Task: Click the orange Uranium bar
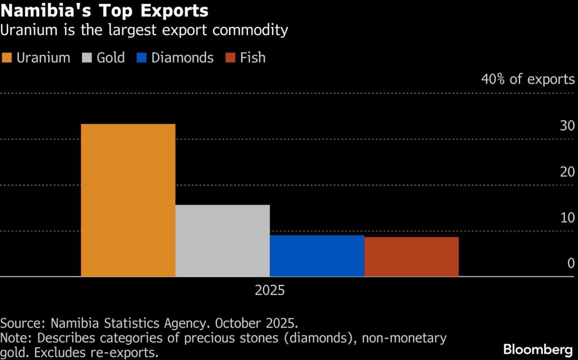click(128, 200)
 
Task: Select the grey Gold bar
click(222, 241)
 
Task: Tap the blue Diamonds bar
click(317, 256)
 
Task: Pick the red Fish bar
click(411, 257)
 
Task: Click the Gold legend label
click(111, 58)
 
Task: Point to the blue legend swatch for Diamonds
click(141, 58)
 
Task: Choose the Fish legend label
click(252, 58)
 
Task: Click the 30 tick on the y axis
click(567, 126)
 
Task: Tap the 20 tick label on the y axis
click(567, 172)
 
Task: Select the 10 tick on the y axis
click(567, 218)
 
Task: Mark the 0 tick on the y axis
click(571, 264)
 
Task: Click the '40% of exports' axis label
click(528, 79)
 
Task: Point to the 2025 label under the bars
click(270, 291)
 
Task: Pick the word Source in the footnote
click(21, 324)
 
